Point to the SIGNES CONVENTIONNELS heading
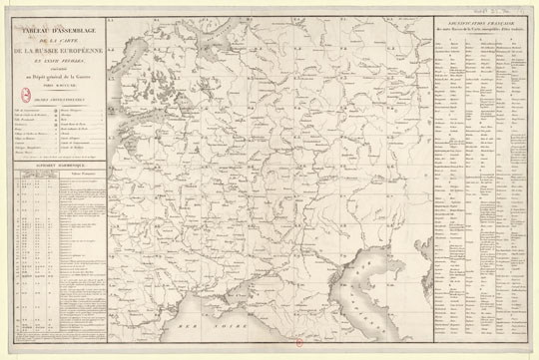point(61,96)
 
